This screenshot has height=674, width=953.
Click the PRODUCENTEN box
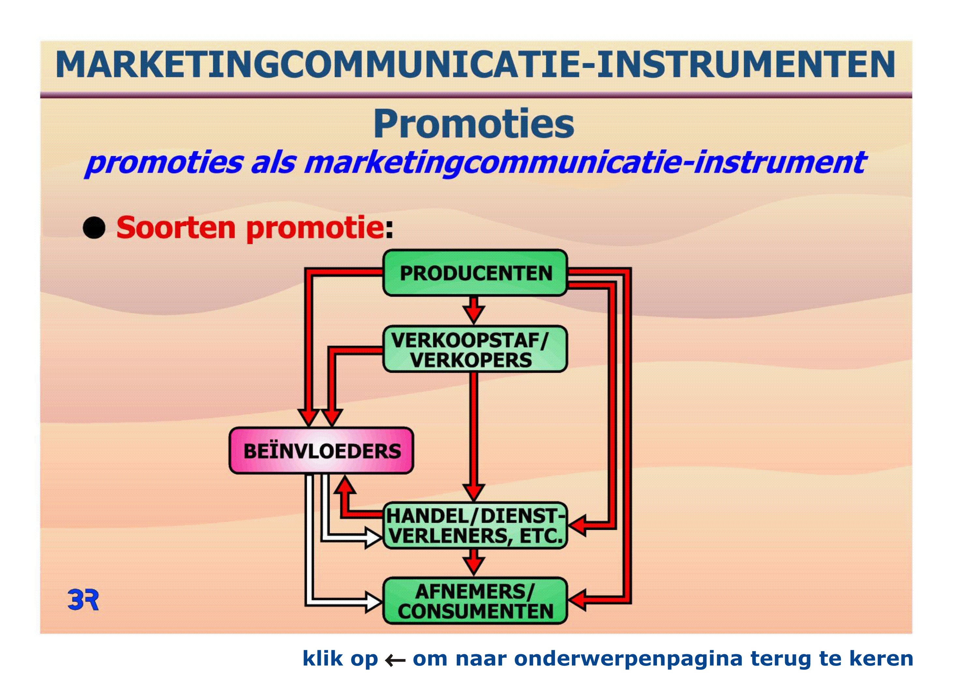click(x=475, y=273)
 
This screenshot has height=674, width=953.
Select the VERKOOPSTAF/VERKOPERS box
click(x=475, y=349)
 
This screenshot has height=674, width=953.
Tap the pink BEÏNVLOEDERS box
click(x=321, y=451)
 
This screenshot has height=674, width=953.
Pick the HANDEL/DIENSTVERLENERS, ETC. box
click(x=475, y=526)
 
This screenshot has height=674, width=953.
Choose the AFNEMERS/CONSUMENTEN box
click(x=475, y=601)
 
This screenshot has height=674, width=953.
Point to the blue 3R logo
click(x=83, y=600)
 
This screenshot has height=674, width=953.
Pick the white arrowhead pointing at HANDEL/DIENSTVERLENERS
click(x=373, y=538)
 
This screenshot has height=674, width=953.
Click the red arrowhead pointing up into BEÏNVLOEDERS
click(x=345, y=484)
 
